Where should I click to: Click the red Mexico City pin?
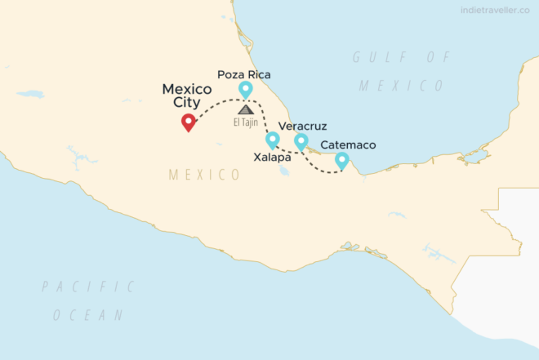[x=189, y=122]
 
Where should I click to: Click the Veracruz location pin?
[x=301, y=141]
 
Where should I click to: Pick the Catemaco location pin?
[x=341, y=160]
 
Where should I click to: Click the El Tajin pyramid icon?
[x=245, y=109]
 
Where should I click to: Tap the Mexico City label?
[x=187, y=96]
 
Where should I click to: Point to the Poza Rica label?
[x=243, y=74]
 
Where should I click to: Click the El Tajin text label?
[x=245, y=123]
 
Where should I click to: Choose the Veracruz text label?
[x=304, y=127]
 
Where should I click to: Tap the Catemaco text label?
[x=348, y=144]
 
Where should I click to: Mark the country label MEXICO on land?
[x=204, y=175]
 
